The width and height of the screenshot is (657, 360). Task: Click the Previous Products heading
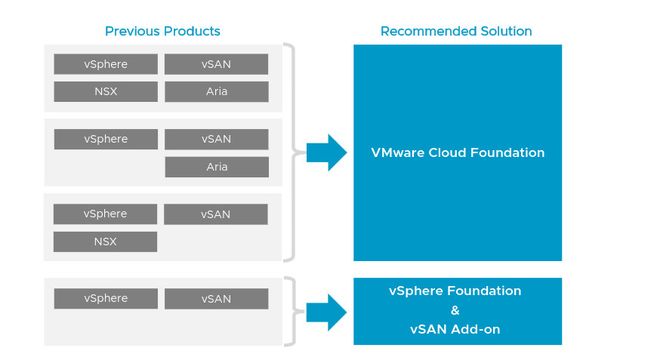click(x=162, y=31)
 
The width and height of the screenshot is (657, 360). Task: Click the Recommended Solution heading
click(x=456, y=31)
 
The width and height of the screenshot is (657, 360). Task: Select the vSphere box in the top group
click(x=106, y=64)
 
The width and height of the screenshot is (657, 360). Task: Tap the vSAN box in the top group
click(x=216, y=64)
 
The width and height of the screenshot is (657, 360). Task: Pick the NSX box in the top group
click(x=106, y=91)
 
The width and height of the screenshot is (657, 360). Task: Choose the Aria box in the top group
click(x=217, y=91)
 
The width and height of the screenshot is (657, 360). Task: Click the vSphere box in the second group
click(x=106, y=139)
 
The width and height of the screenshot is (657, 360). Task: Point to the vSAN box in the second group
click(x=216, y=139)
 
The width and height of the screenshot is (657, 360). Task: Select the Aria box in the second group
click(x=217, y=167)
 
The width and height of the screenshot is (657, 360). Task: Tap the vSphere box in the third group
click(x=105, y=214)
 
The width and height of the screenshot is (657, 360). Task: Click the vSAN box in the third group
click(x=216, y=214)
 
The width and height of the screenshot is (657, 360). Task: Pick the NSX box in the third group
click(x=105, y=242)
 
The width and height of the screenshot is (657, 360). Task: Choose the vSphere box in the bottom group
click(x=106, y=298)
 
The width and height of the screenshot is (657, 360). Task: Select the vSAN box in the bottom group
click(x=216, y=298)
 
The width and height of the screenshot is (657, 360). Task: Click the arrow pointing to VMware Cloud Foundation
click(x=327, y=152)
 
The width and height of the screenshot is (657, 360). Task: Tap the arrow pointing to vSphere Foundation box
click(x=327, y=312)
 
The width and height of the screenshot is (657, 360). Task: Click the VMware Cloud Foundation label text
click(x=458, y=152)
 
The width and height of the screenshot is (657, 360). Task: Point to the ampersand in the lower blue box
click(x=455, y=310)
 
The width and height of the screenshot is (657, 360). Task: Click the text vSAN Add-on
click(x=455, y=330)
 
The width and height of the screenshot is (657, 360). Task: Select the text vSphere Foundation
click(x=455, y=291)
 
